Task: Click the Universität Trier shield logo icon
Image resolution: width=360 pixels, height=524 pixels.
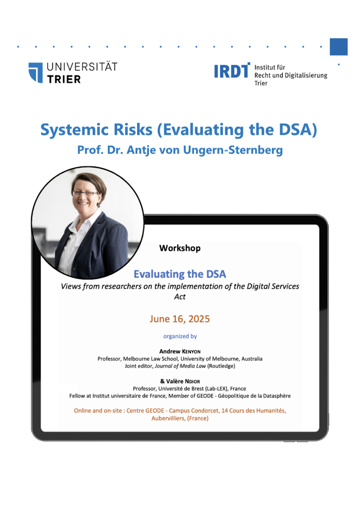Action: (36, 73)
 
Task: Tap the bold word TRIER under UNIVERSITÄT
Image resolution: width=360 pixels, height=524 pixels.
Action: (64, 79)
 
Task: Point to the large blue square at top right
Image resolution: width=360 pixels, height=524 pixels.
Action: (338, 47)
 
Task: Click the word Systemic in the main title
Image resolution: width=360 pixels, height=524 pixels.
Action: (74, 130)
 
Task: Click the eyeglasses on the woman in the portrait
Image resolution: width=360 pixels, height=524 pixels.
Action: (85, 193)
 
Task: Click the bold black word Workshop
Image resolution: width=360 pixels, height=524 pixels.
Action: (180, 248)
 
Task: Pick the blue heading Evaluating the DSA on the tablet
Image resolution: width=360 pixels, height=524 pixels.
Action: (180, 274)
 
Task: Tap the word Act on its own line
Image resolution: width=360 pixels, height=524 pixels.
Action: (180, 297)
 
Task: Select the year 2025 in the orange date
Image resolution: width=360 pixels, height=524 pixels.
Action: (199, 319)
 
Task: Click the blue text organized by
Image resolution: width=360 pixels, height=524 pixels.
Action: (180, 336)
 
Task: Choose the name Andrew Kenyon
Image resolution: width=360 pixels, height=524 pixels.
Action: (180, 352)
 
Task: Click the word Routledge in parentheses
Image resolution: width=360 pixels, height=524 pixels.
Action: (221, 366)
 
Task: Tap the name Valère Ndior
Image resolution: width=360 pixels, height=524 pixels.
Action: (182, 381)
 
